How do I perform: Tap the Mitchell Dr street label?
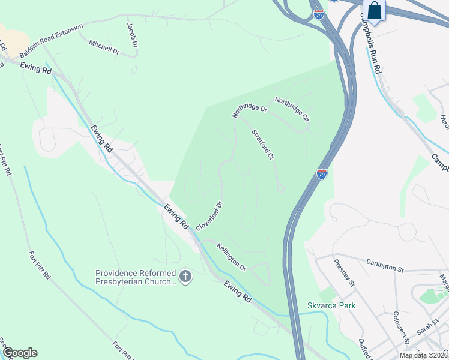coord(104,47)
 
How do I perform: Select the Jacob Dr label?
coord(132,35)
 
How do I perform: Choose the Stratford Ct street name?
coord(262,145)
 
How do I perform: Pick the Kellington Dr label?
coord(232,256)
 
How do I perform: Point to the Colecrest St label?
coord(400,328)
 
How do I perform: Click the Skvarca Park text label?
coord(331,305)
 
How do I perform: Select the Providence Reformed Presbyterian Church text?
coord(136,277)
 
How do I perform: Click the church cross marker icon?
coord(185,277)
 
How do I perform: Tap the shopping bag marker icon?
coord(374,11)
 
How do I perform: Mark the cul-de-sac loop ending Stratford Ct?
coord(280,189)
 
